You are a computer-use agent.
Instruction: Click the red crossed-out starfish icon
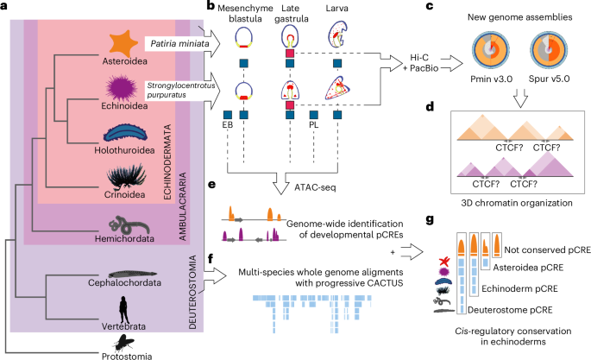pos(445,262)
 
